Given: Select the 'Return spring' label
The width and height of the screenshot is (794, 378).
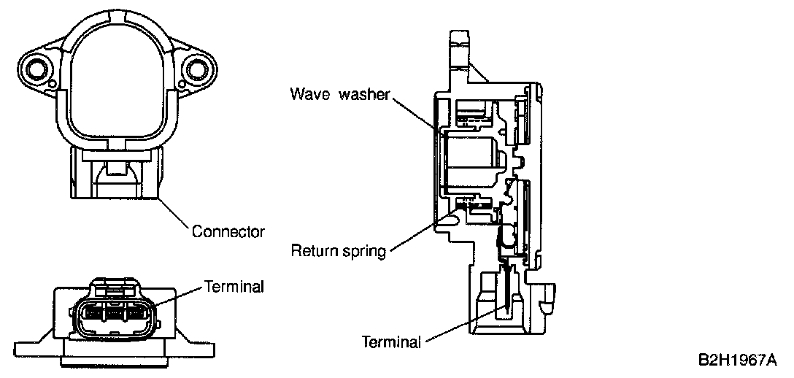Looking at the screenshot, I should [338, 252].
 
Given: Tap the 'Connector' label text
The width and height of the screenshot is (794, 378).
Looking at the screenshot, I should [228, 232].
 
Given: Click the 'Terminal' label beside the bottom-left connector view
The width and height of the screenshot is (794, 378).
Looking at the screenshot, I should [234, 287].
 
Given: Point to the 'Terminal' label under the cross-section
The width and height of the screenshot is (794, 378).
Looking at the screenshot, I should [391, 342].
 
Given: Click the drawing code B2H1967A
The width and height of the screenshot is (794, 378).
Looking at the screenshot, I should [736, 360].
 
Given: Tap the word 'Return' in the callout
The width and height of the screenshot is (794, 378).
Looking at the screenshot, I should [314, 252].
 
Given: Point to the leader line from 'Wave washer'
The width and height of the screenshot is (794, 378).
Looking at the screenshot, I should [416, 114].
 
